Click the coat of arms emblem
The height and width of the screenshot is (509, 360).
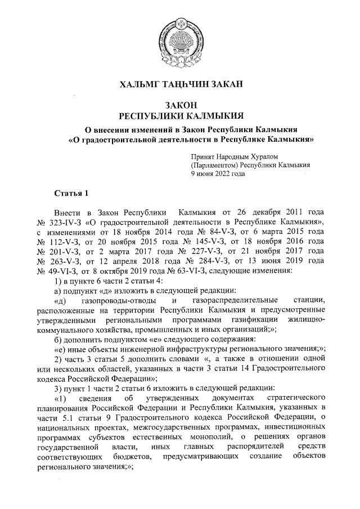coord(180,39)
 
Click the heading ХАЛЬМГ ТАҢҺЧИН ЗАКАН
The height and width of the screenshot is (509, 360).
coord(180,85)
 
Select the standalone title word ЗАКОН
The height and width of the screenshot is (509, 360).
coord(180,105)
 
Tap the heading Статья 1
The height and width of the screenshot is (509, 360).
coord(71,194)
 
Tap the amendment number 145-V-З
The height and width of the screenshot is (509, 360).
coord(205,241)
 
